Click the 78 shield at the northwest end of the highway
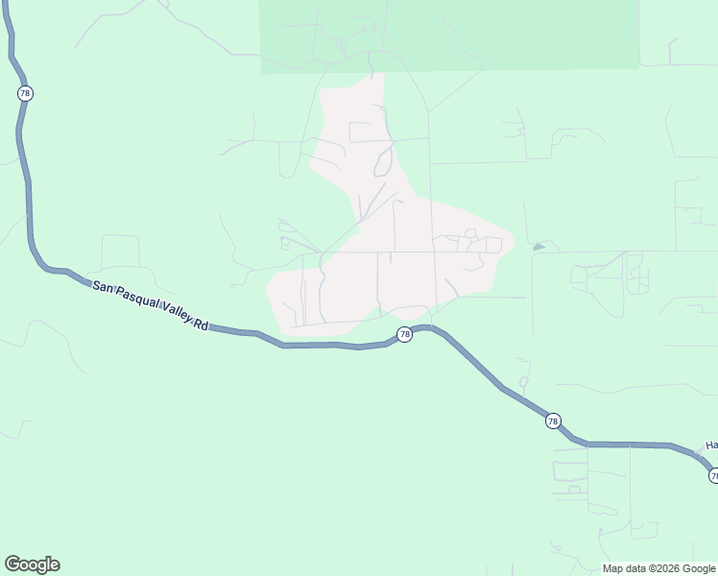25,93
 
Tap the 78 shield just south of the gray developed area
405,334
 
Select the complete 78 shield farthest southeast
553,421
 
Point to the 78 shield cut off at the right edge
713,475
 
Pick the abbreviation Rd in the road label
201,325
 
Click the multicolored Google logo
32,564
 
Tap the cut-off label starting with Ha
711,445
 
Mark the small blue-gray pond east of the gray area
538,247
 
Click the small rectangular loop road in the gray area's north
361,132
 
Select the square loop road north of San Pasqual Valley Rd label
121,251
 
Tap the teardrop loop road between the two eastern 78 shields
524,375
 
